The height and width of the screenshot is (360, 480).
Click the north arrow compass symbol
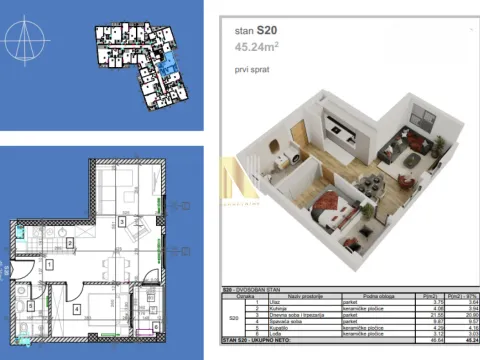tap(28, 45)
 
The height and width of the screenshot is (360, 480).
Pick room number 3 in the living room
tap(121, 221)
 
